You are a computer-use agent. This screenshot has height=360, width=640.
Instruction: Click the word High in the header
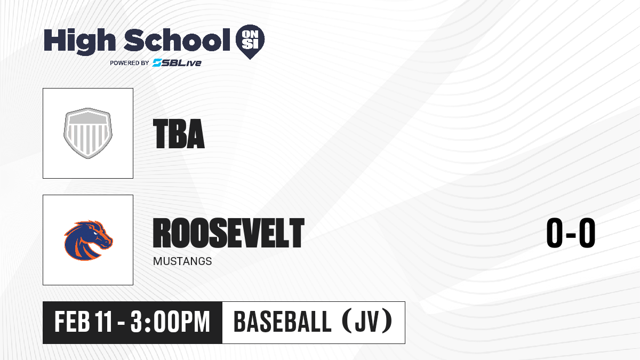click(79, 41)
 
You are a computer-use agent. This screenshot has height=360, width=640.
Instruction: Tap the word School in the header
click(177, 39)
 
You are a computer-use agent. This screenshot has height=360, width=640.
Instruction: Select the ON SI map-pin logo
click(250, 42)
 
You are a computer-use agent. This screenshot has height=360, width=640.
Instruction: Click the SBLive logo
click(177, 63)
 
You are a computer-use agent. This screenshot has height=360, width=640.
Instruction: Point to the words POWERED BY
click(130, 63)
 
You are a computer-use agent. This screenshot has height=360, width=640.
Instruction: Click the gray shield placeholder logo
click(88, 133)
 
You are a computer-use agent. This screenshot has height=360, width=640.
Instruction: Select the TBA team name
click(179, 134)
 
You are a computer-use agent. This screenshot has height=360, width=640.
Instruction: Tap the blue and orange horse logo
click(89, 240)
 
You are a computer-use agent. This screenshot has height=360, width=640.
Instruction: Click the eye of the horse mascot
click(95, 234)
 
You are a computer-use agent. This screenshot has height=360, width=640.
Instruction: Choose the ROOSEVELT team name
click(229, 233)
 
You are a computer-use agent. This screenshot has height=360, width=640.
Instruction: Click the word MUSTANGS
click(182, 261)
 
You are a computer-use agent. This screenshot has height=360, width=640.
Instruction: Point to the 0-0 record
click(571, 233)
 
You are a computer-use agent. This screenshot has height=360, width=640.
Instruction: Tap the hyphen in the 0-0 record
click(571, 235)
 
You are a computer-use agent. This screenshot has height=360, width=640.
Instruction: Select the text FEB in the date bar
click(73, 322)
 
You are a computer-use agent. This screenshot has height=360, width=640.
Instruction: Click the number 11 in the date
click(103, 322)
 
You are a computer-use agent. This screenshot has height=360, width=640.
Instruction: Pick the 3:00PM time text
click(170, 322)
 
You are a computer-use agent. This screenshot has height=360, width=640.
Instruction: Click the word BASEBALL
click(283, 322)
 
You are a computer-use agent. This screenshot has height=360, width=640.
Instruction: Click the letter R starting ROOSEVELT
click(162, 233)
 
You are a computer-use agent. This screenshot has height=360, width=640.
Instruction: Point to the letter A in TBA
click(196, 134)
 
